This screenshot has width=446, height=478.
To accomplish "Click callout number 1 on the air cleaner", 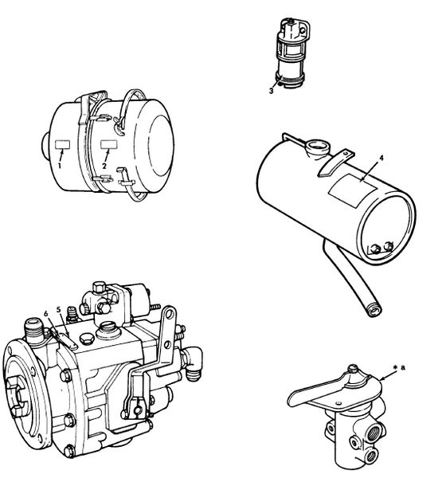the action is (60, 166).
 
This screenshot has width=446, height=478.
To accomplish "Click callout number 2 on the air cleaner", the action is (104, 167).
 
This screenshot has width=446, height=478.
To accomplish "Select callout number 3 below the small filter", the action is (271, 91).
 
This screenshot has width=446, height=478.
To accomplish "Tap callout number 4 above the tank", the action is (381, 158).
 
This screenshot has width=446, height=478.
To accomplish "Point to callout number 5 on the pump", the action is (58, 309).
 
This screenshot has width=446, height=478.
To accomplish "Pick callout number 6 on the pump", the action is (46, 313).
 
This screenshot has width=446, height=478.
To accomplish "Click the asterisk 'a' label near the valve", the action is (400, 367).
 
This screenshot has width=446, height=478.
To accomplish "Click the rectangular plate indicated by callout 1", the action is (62, 144).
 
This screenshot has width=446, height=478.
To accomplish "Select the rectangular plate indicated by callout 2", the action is (109, 144).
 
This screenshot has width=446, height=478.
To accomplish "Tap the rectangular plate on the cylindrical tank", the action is (352, 190).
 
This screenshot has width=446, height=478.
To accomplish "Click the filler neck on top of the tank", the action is (318, 147).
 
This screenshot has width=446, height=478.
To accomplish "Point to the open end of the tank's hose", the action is (374, 311).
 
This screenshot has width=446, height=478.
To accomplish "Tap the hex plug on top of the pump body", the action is (86, 339).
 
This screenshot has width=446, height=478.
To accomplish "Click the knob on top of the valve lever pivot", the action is (353, 369).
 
